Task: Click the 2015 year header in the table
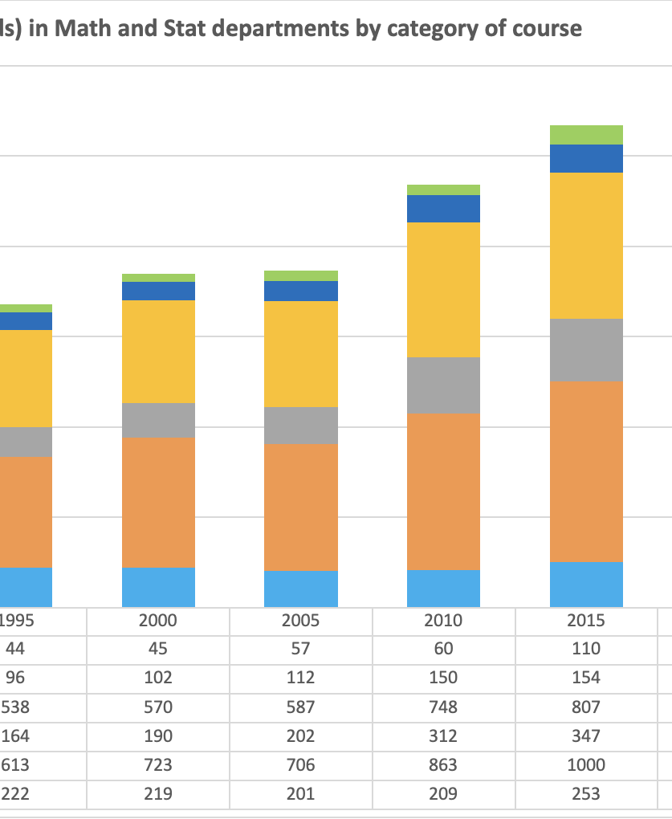click(x=586, y=621)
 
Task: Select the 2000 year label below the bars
click(x=157, y=621)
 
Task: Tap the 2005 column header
click(x=300, y=621)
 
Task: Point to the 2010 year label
click(x=443, y=621)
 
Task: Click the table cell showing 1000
click(x=586, y=765)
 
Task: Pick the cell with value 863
click(x=443, y=765)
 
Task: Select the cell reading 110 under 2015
click(x=586, y=649)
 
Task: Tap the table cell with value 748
click(x=443, y=707)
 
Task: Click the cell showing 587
click(x=300, y=707)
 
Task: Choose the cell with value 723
click(x=157, y=765)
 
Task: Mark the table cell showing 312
click(x=443, y=736)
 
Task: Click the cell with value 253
click(x=586, y=794)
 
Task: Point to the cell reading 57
click(x=300, y=649)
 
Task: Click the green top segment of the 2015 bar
click(x=586, y=135)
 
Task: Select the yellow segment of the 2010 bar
click(x=443, y=290)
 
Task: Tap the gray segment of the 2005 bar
click(x=300, y=426)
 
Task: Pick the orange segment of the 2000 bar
click(x=158, y=503)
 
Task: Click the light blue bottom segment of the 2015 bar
click(x=586, y=584)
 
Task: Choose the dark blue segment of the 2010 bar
click(x=443, y=209)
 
